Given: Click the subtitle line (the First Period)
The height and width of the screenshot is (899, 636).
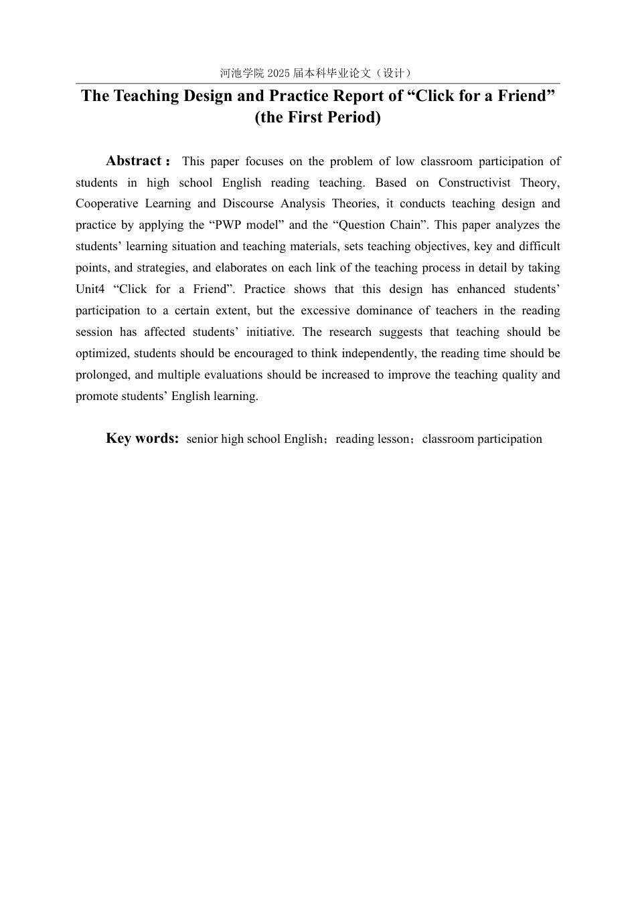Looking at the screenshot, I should coord(317,118).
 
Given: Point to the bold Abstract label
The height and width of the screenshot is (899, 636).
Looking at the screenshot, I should coord(134,161).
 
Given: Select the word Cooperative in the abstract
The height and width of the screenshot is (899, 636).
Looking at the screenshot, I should coord(106,204).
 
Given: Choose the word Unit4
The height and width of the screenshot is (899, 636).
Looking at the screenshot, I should coord(90,290).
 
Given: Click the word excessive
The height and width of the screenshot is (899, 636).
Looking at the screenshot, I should coord(325,311).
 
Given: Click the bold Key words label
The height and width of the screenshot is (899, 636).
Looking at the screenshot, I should coord(142,439).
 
